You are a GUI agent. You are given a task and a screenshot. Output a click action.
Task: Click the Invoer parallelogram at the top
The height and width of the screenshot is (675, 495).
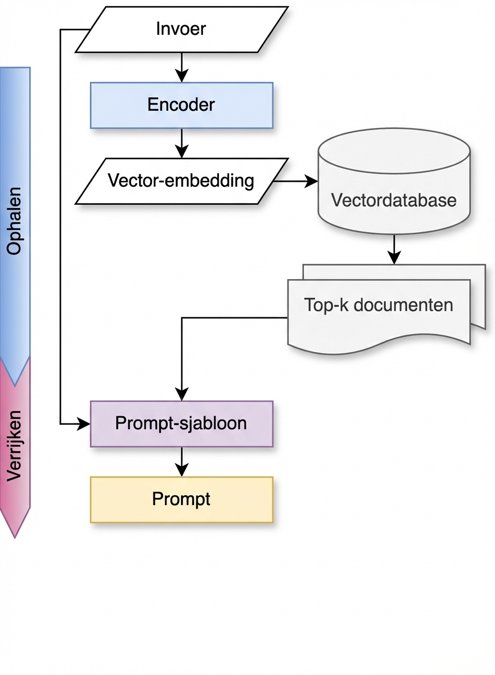181,29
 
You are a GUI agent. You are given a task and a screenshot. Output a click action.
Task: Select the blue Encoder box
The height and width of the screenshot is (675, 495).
181,105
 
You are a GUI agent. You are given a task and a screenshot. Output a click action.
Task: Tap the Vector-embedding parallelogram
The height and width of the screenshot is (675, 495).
181,181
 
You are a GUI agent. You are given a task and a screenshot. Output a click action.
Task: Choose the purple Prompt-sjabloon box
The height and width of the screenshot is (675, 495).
181,424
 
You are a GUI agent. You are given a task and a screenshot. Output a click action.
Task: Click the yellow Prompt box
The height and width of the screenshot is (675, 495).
181,499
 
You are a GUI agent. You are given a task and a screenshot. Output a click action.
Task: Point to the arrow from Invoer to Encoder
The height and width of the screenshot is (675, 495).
181,67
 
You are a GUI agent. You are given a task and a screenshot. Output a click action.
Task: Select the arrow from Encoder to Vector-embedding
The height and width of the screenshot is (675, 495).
181,143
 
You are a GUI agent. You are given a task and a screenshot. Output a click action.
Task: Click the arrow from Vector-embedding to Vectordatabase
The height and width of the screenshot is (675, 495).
295,181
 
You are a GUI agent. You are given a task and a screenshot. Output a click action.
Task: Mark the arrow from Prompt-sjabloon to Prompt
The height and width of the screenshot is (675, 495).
181,462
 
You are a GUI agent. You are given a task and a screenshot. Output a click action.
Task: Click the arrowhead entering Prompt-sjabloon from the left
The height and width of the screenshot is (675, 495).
84,424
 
